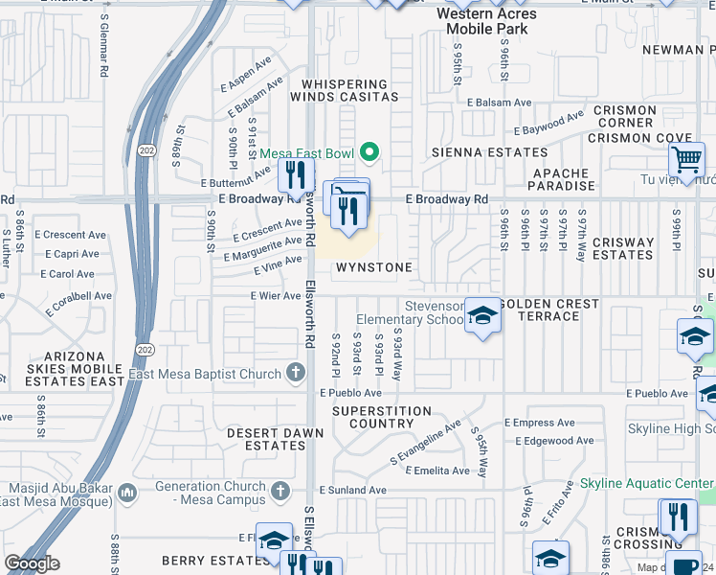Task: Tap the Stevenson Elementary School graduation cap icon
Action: pos(482,315)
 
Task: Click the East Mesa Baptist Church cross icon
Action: pos(297,374)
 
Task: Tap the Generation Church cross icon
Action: pos(280,492)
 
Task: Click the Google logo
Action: pos(31,563)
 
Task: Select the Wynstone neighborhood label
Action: pos(373,267)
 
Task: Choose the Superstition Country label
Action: pos(373,417)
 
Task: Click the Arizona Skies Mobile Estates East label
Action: pos(62,374)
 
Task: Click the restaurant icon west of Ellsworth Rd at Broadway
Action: pos(294,175)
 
